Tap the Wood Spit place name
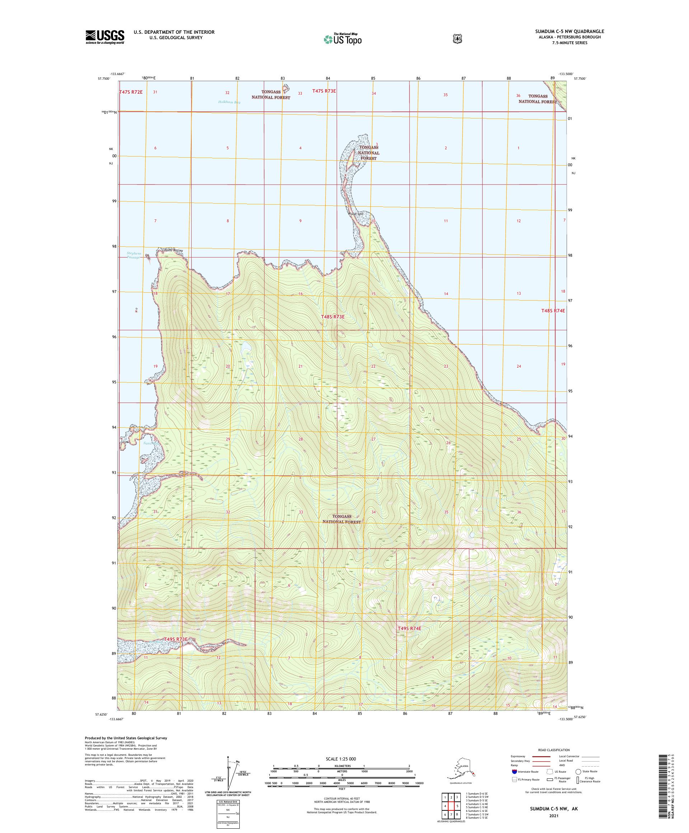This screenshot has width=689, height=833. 355,214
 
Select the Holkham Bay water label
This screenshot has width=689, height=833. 229,102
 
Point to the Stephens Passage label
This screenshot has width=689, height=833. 133,255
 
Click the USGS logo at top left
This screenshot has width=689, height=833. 105,37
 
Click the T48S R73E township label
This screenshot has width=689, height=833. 332,317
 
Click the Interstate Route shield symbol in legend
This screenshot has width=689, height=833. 514,772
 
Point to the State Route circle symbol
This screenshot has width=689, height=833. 578,772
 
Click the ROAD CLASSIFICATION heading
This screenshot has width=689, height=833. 553,750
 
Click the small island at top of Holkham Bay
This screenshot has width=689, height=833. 285,88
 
